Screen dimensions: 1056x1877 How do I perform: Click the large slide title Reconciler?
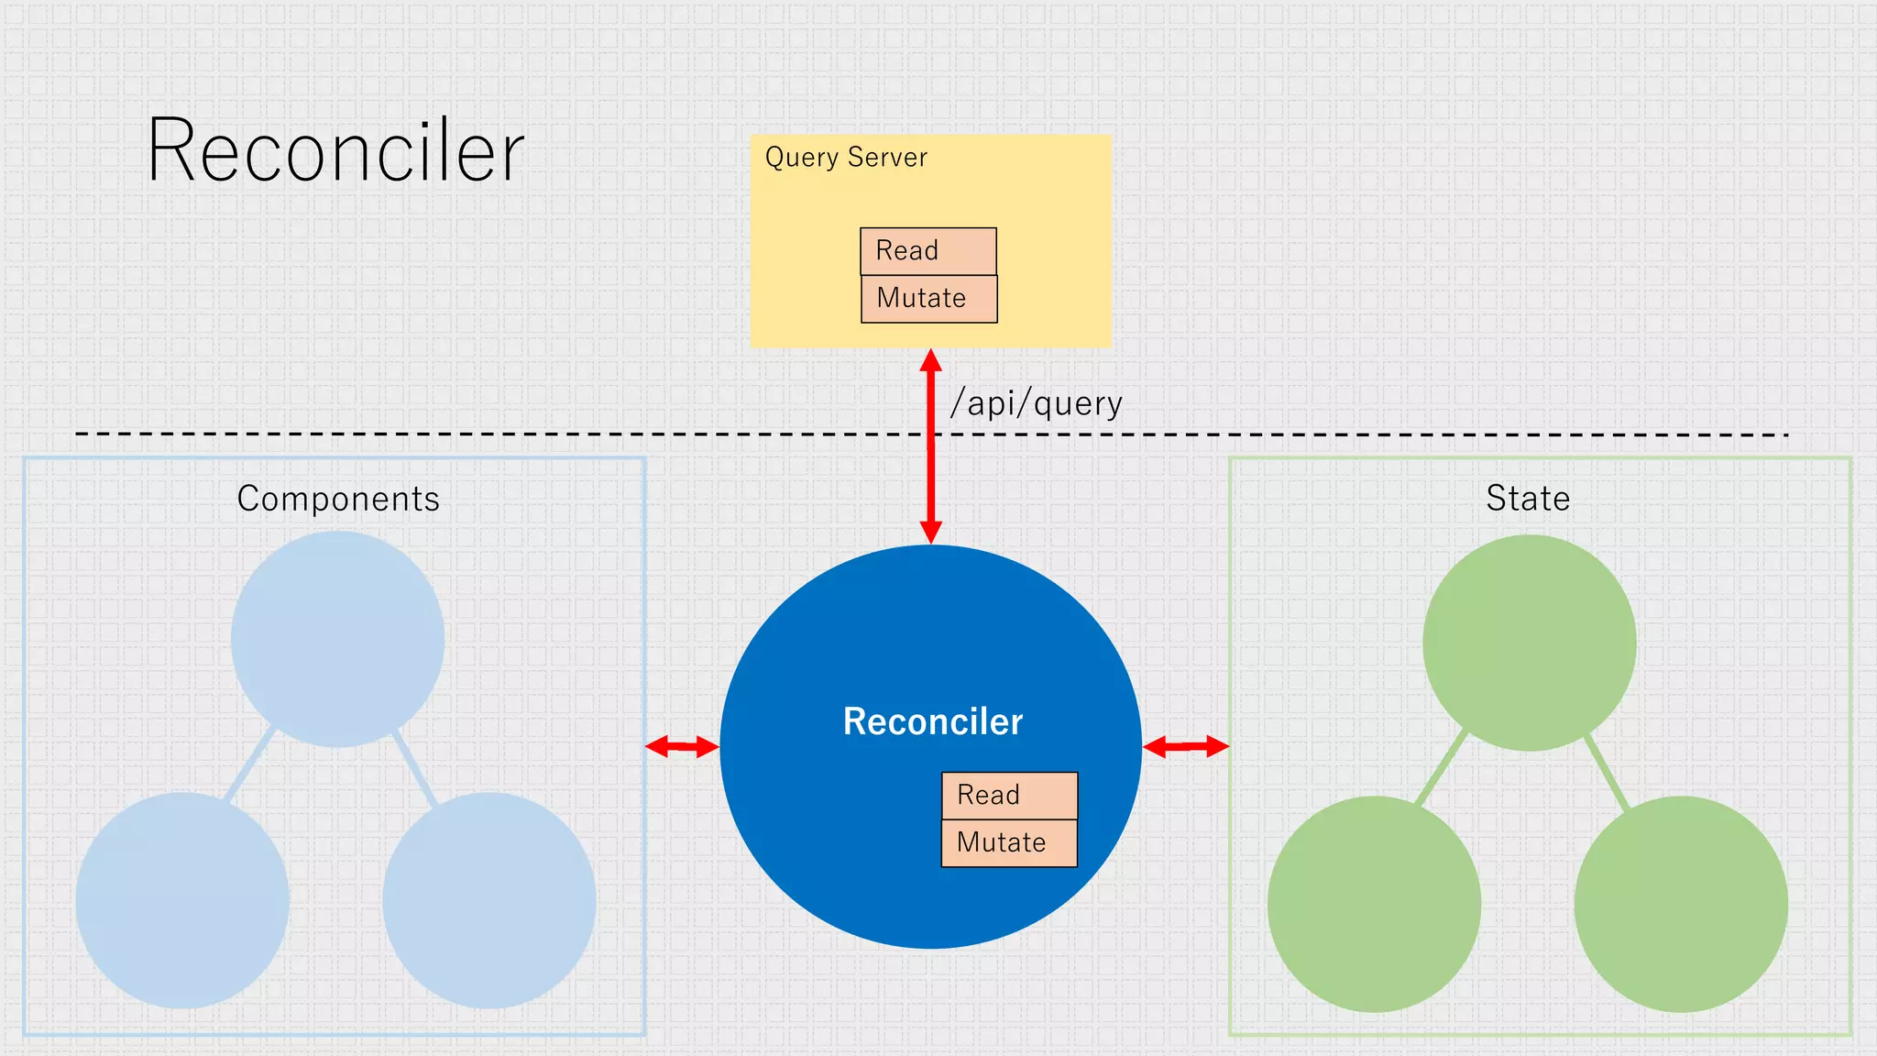(x=335, y=151)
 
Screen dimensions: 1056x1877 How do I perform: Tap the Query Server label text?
(x=846, y=158)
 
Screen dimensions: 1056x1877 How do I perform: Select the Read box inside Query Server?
(x=928, y=251)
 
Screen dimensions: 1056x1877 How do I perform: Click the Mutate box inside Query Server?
(x=928, y=299)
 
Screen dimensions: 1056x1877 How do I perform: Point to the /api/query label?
(x=1036, y=403)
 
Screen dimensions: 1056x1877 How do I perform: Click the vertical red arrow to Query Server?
(x=931, y=449)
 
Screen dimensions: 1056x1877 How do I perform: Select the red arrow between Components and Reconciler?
(x=682, y=747)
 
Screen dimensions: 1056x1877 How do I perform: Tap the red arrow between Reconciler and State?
(x=1185, y=747)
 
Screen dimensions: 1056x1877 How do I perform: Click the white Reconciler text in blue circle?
(x=932, y=721)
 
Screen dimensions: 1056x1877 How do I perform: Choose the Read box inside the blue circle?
(x=1009, y=795)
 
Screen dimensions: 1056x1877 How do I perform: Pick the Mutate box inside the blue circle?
(x=1009, y=842)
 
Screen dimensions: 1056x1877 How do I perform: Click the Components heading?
(x=338, y=499)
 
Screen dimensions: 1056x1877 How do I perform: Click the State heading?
(x=1528, y=499)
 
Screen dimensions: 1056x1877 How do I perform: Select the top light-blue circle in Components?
(x=337, y=639)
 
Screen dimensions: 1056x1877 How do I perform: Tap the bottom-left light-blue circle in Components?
(x=182, y=900)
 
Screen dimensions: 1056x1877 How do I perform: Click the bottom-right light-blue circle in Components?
(x=488, y=900)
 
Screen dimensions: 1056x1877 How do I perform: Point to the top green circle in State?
(x=1529, y=643)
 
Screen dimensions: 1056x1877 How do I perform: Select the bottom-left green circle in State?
(x=1374, y=904)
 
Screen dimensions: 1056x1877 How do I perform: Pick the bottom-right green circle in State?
(x=1681, y=904)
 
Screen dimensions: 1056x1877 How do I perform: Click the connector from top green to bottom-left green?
(x=1442, y=768)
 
